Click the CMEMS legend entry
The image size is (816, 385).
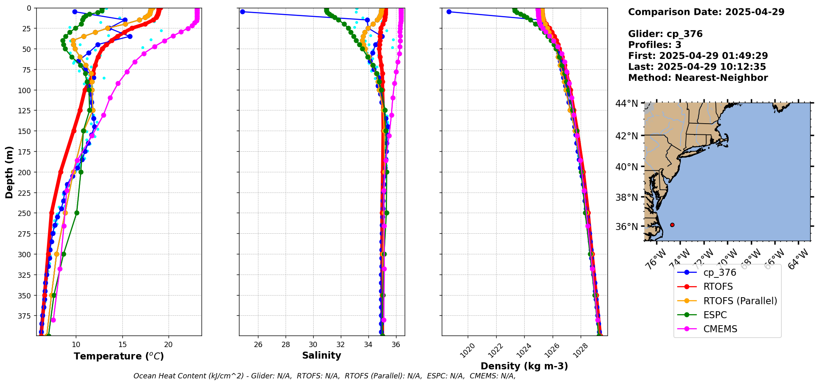coord(720,329)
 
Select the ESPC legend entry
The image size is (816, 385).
coord(715,315)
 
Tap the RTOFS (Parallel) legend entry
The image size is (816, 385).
coord(740,301)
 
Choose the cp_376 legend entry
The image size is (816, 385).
coord(720,272)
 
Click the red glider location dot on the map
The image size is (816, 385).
coord(672,225)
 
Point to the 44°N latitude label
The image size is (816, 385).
coord(626,103)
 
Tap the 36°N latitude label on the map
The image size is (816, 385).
coord(626,226)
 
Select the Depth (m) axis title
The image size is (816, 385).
coord(9,172)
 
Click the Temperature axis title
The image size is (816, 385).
coord(119,356)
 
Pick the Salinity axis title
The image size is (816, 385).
coord(321,355)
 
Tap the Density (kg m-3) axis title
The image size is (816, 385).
coord(524,366)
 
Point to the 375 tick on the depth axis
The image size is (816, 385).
coord(26,316)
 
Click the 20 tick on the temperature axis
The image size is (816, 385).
coord(168,345)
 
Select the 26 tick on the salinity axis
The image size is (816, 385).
coord(258,345)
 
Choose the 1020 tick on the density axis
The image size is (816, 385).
coord(467,351)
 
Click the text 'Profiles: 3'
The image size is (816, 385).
coord(654,45)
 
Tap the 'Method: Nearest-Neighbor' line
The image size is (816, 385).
coord(698,77)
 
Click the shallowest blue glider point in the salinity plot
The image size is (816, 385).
coord(242,12)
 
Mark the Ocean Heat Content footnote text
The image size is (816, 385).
coord(324,376)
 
